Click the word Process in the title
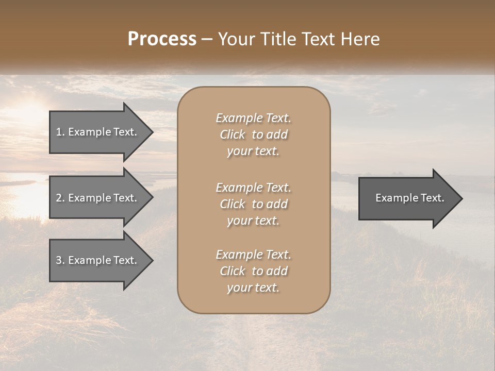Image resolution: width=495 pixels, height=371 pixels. (162, 39)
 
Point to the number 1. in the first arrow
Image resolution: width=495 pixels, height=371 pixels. (60, 132)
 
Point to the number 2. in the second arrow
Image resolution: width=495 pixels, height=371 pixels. (60, 198)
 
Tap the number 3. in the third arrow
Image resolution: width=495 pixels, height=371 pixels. (60, 260)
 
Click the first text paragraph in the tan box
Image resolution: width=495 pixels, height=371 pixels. (253, 134)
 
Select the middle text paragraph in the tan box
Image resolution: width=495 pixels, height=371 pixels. (253, 204)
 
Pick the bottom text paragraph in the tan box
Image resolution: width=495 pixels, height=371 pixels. (253, 271)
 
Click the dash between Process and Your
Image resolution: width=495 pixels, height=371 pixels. (207, 39)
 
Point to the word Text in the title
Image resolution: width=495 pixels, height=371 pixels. (317, 39)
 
